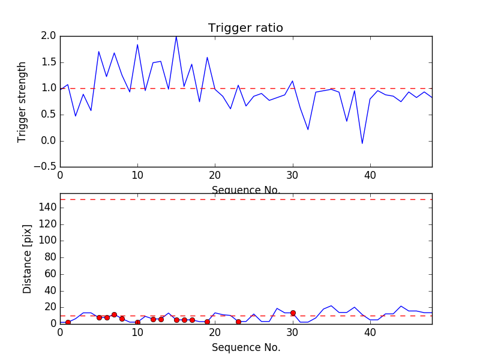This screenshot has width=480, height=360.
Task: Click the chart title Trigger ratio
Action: (x=245, y=28)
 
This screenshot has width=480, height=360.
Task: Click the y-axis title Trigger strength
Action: (x=22, y=101)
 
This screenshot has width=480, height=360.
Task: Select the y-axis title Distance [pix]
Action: (x=28, y=265)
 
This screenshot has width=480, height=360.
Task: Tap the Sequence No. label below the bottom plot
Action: (x=245, y=347)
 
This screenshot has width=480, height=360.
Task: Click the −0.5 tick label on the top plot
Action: (x=44, y=167)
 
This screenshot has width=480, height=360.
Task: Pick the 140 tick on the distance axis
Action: (x=47, y=208)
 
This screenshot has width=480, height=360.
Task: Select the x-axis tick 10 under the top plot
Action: (x=137, y=178)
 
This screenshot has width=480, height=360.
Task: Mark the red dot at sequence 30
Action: (x=293, y=313)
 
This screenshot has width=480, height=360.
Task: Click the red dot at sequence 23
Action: (x=238, y=322)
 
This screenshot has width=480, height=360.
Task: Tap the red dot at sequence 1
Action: (x=68, y=322)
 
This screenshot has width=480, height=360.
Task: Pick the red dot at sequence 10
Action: (x=137, y=322)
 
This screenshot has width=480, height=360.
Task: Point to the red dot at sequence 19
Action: (x=207, y=322)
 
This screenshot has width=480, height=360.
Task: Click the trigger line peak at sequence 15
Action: (x=176, y=36)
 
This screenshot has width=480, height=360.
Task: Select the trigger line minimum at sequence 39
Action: (x=362, y=143)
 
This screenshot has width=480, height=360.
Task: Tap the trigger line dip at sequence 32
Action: (x=308, y=130)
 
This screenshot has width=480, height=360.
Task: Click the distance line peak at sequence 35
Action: (x=331, y=305)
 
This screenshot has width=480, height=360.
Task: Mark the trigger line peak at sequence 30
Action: (x=292, y=81)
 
